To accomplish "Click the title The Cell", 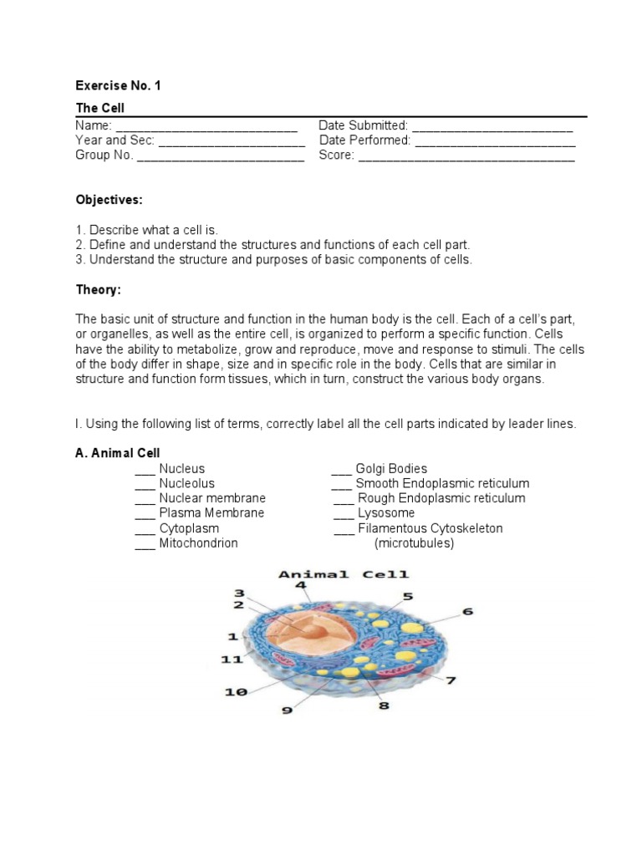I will pos(99,109).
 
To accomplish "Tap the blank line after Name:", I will pos(206,125).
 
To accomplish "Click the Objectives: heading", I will pos(110,200).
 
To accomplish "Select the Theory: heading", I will pos(99,289).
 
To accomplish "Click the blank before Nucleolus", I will pos(145,484).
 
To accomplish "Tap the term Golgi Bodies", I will pos(391,469).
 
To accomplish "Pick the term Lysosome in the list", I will pos(386,513).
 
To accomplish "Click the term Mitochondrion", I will pos(198,543).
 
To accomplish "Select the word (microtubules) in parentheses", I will pos(414,543).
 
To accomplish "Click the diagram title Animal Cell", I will pos(343,574).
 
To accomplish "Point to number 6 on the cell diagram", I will pos(467,611).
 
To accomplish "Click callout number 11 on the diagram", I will pos(232,660).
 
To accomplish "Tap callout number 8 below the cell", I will pos(384,705).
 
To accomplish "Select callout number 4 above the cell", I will pos(300,586).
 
